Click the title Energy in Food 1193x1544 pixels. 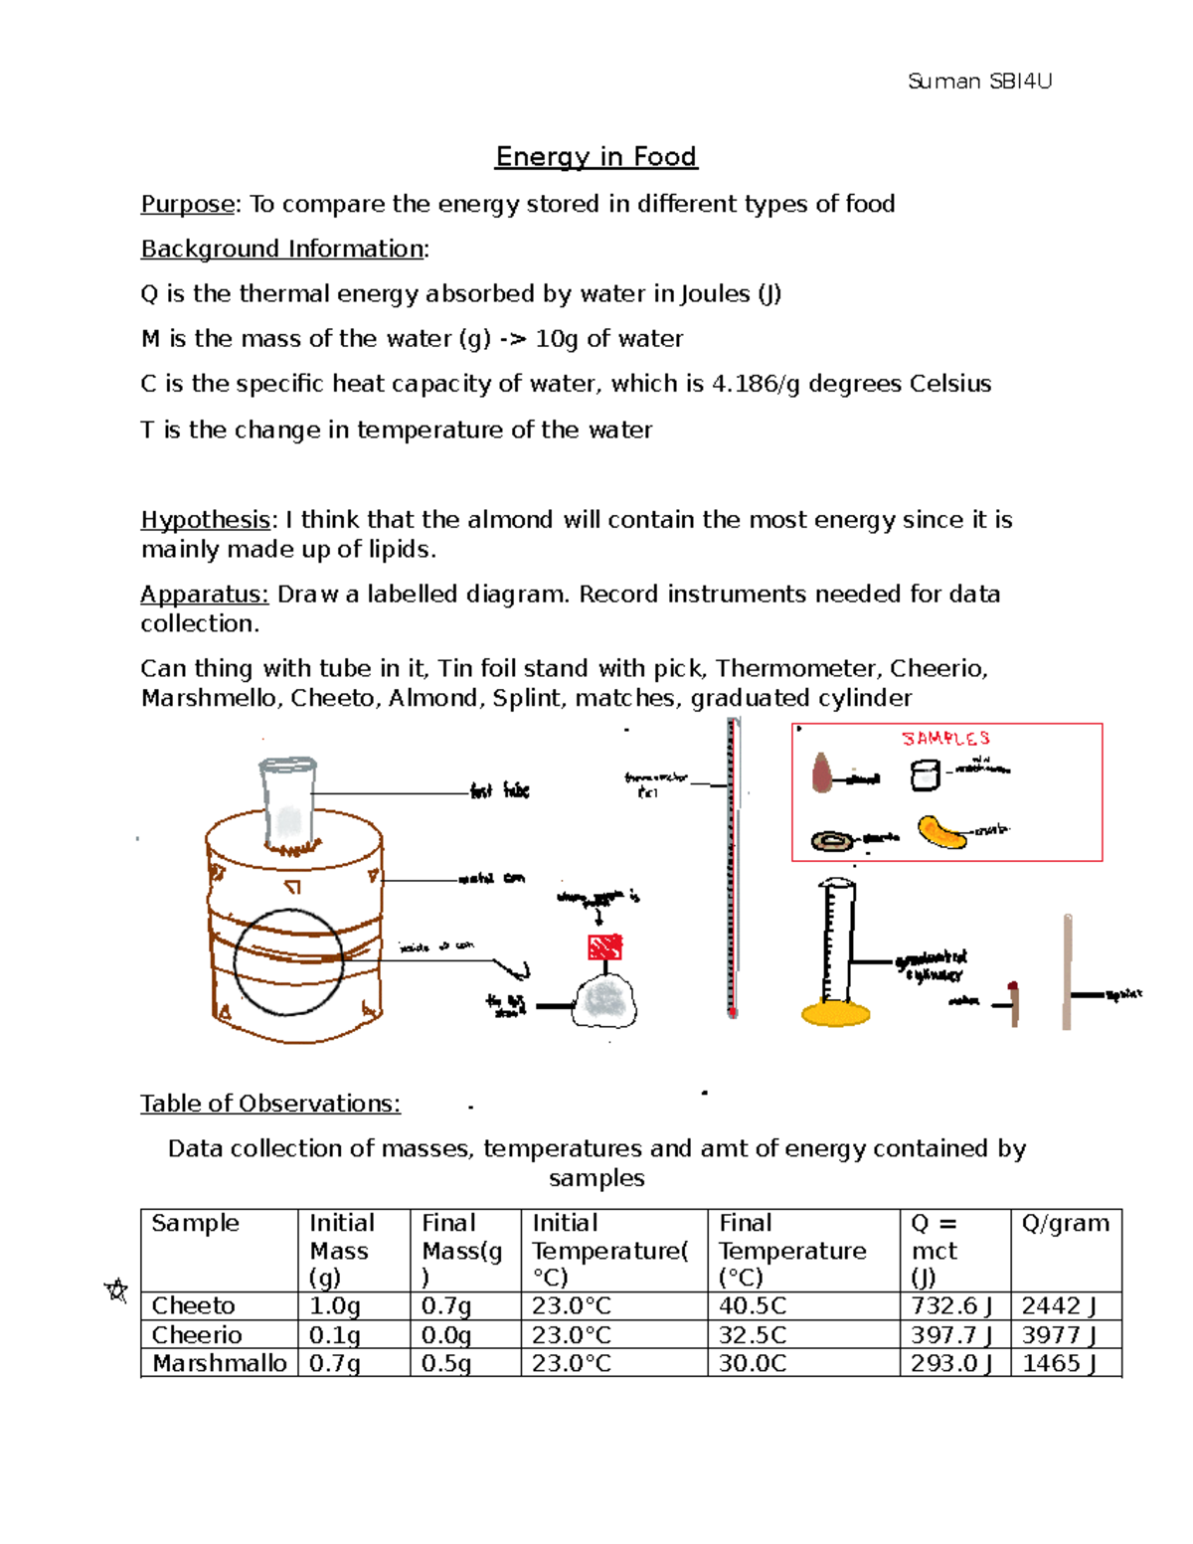click(596, 157)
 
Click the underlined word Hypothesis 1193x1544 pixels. click(205, 520)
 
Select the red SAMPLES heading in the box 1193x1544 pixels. click(945, 739)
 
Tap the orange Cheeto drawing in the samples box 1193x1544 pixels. click(940, 832)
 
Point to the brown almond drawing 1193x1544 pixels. click(822, 772)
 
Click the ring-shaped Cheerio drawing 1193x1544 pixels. click(832, 842)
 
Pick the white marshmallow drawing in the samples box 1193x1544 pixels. click(925, 774)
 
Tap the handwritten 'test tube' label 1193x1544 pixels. click(500, 791)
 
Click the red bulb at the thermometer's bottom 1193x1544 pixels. click(733, 1011)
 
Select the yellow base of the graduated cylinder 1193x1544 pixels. click(836, 1014)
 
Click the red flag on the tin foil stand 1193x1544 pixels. click(604, 946)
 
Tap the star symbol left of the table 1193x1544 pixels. click(116, 1291)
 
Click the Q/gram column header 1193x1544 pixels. click(1065, 1223)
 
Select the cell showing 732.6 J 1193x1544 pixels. click(951, 1306)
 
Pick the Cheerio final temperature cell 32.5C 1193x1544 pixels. click(753, 1335)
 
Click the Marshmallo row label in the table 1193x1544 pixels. click(219, 1363)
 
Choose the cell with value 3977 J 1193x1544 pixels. click(1059, 1335)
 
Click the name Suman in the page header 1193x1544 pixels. click(943, 82)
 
